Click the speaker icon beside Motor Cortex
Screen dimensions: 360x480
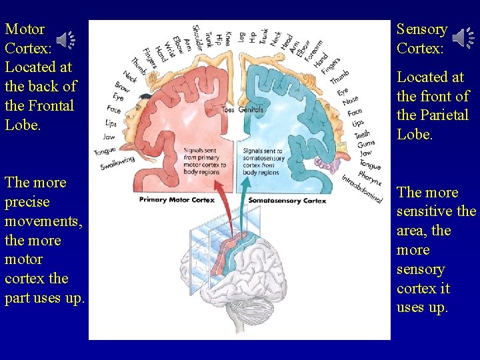[65, 41]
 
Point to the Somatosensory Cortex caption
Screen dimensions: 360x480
[287, 200]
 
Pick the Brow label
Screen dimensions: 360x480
[122, 87]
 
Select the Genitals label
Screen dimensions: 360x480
[251, 109]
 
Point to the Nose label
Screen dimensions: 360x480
[350, 101]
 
